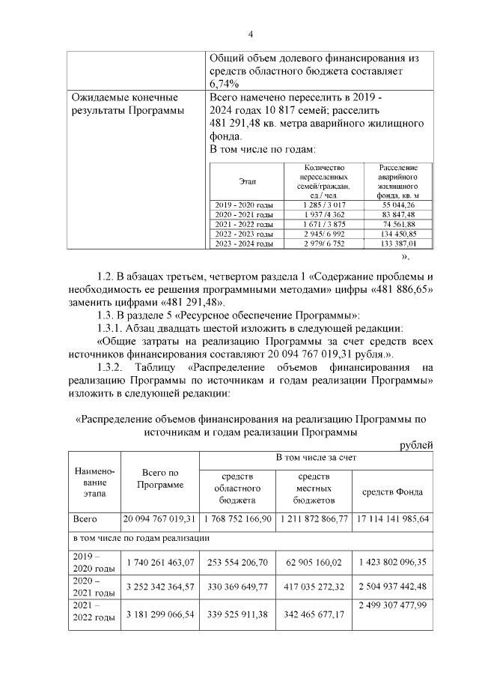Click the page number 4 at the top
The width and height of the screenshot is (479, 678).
click(251, 34)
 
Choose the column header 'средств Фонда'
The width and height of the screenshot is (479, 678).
click(393, 492)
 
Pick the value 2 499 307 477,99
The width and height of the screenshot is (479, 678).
click(393, 605)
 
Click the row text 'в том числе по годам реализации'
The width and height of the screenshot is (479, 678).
click(140, 538)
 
